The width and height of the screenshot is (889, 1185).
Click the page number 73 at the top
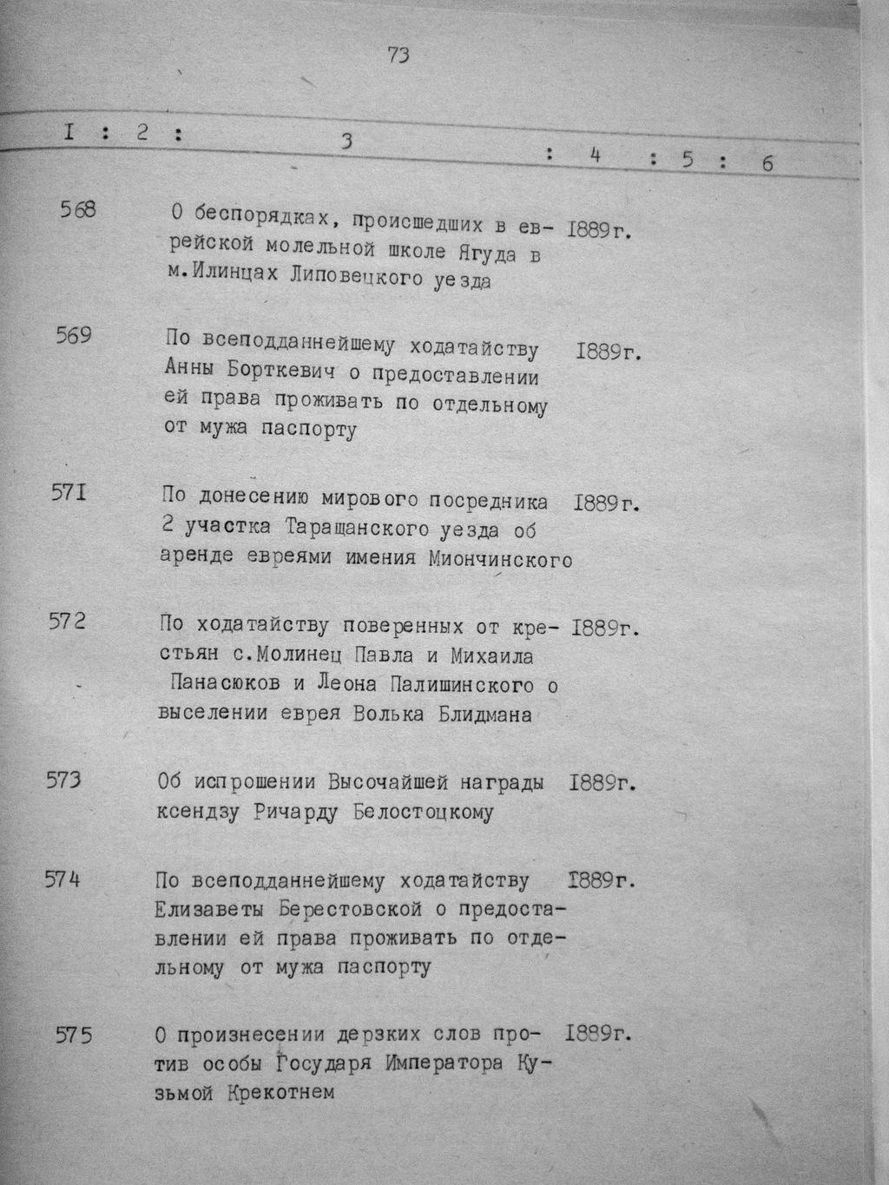pos(398,55)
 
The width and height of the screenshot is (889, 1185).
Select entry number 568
pos(78,210)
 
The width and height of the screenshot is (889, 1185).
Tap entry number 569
pos(74,335)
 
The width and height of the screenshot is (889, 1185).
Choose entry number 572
pos(67,622)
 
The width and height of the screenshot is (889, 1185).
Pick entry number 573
pos(63,780)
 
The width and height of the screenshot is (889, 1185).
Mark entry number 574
pos(63,879)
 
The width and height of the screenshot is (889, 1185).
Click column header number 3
pos(346,142)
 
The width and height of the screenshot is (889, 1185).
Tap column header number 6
pos(767,162)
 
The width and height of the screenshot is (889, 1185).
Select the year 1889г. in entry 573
pos(604,782)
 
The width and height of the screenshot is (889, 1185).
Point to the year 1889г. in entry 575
pos(597,1034)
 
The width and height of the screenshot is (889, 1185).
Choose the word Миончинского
pos(501,560)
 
